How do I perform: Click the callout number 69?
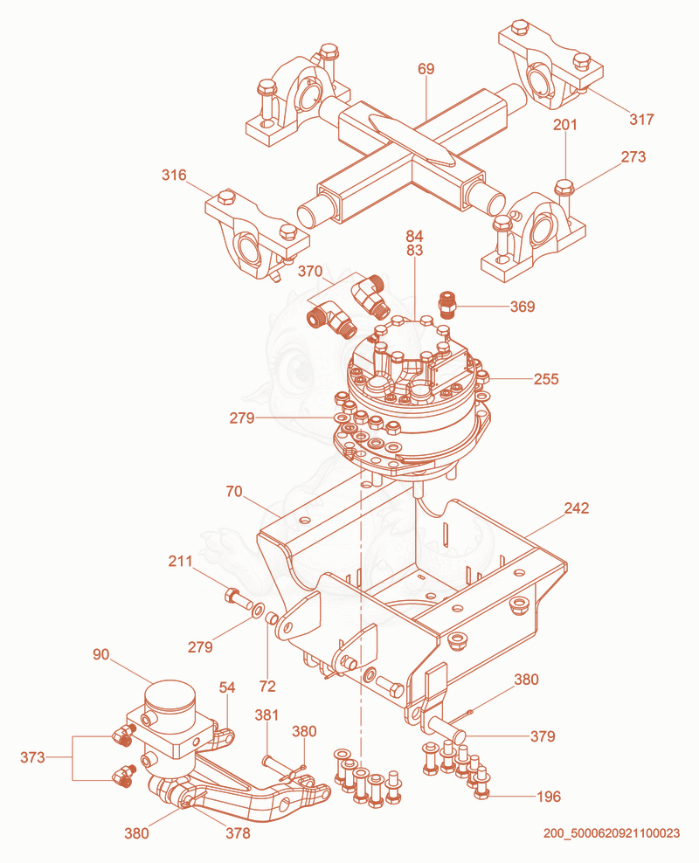pyautogui.click(x=426, y=69)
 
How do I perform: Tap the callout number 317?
pyautogui.click(x=641, y=119)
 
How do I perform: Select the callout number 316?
pyautogui.click(x=174, y=175)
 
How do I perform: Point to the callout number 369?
pyautogui.click(x=523, y=307)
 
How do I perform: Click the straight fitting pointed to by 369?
pyautogui.click(x=446, y=306)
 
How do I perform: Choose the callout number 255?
pyautogui.click(x=546, y=379)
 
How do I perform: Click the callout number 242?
pyautogui.click(x=577, y=508)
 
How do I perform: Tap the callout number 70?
pyautogui.click(x=234, y=492)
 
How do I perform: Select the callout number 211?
pyautogui.click(x=181, y=562)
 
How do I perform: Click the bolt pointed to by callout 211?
pyautogui.click(x=238, y=598)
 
